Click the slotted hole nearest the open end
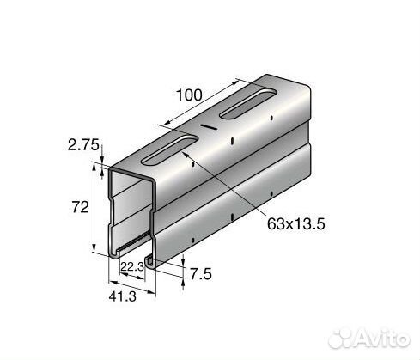[x=162, y=150]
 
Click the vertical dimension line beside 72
[x=95, y=211]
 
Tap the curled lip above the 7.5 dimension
[x=152, y=257]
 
